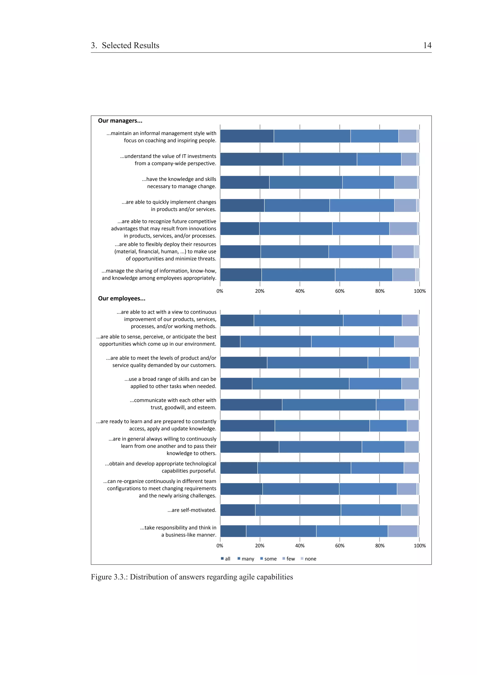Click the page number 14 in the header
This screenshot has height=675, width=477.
coord(427,45)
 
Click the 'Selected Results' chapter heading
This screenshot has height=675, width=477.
coord(130,45)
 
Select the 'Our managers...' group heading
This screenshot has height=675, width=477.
coord(120,121)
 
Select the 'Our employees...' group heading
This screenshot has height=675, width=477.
coord(122,298)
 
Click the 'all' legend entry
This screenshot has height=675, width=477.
coord(226,559)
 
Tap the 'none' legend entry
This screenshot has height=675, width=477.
coord(308,559)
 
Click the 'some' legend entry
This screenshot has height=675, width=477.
coord(268,559)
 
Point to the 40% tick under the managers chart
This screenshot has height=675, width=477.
coord(300,291)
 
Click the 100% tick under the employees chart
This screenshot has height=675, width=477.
coord(419,545)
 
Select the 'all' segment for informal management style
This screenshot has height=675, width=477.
coord(247,136)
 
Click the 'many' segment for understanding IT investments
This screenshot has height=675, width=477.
coord(320,159)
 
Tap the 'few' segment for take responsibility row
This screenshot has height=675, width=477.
coord(402,531)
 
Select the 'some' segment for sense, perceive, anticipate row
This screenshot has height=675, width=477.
coord(352,341)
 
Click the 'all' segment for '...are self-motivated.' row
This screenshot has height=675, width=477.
coord(238,510)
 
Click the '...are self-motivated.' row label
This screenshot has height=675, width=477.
coord(192,510)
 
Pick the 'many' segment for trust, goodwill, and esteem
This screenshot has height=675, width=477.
coord(329,405)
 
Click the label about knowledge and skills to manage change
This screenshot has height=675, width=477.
coord(179,183)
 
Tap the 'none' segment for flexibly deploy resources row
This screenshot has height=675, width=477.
coord(416,252)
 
